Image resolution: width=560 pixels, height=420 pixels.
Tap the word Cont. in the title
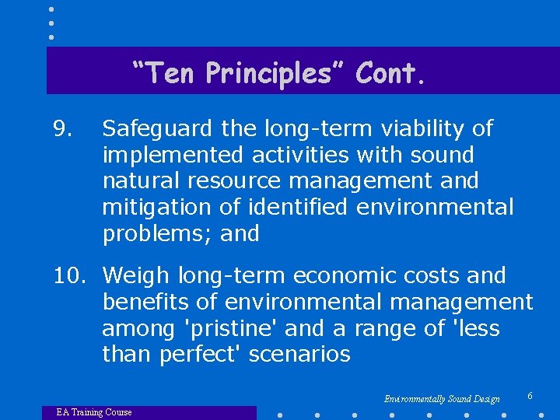pos(391,73)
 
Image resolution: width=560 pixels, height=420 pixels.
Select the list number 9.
pos(62,128)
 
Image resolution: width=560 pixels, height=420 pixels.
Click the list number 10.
pos(72,276)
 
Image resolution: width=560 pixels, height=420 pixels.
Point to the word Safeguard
pos(158,128)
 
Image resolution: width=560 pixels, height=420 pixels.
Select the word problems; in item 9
pos(158,234)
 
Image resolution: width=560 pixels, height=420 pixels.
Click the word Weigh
pos(136,276)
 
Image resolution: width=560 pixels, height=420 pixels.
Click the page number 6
pos(530,397)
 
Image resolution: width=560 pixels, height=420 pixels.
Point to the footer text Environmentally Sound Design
pos(442,399)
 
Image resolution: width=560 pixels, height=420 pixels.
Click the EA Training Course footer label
pos(94,412)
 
